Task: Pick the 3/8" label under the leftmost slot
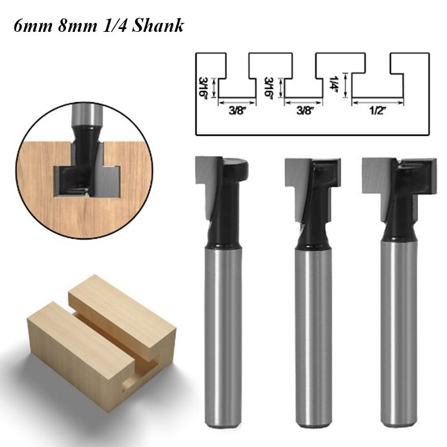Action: pos(236,111)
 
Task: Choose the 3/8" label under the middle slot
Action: pos(303,111)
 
